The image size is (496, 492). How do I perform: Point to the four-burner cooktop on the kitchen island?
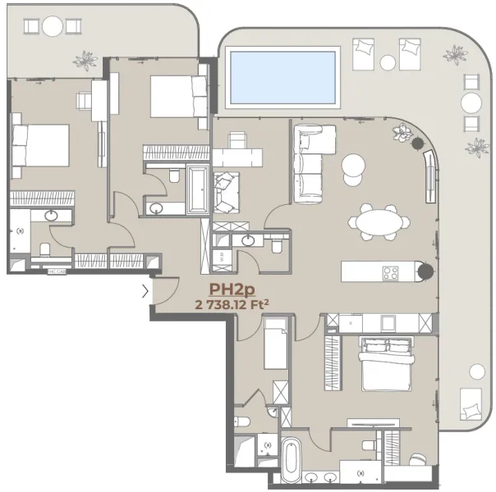click(x=389, y=272)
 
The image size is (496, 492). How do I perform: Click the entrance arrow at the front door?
click(x=145, y=289)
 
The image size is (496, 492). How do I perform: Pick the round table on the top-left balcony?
click(x=53, y=26)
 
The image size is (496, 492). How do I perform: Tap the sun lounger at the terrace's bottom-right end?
click(x=470, y=403)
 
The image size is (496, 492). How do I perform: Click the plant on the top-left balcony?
click(x=84, y=60)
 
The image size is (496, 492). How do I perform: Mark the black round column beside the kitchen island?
click(x=424, y=272)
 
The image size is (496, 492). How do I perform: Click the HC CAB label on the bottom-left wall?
click(x=56, y=271)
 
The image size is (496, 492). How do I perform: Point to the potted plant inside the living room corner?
click(x=402, y=131)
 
